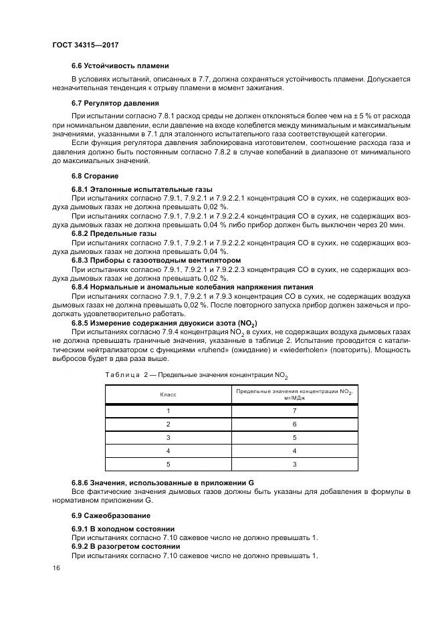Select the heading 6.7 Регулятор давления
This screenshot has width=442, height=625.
115,104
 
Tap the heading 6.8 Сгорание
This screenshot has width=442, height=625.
95,176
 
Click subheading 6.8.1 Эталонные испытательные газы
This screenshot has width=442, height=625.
132,191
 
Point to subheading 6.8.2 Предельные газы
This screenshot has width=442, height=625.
114,234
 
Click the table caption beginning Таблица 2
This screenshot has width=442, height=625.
201,376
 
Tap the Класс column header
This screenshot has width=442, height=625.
168,395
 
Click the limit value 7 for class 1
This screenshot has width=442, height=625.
294,411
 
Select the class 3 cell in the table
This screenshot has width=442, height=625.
168,437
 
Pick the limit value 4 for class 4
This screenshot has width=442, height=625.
294,451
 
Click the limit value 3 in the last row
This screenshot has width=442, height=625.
294,464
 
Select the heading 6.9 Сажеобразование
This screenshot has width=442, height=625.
110,515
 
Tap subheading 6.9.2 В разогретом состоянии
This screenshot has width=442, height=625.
126,547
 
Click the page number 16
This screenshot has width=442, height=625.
56,568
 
